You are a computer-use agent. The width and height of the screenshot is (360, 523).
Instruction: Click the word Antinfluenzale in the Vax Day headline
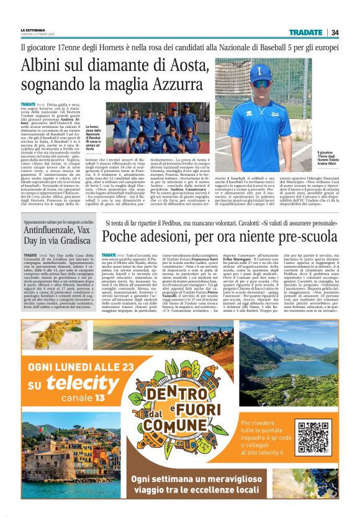[52, 229]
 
